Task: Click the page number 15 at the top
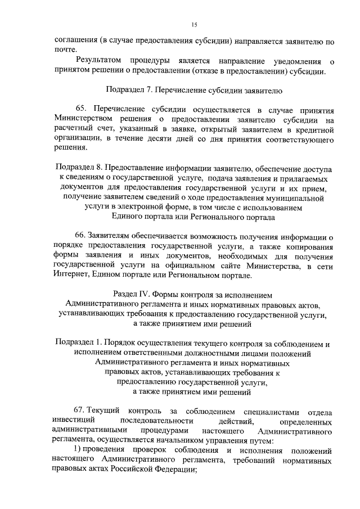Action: coord(194,24)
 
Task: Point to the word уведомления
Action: coord(291,61)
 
